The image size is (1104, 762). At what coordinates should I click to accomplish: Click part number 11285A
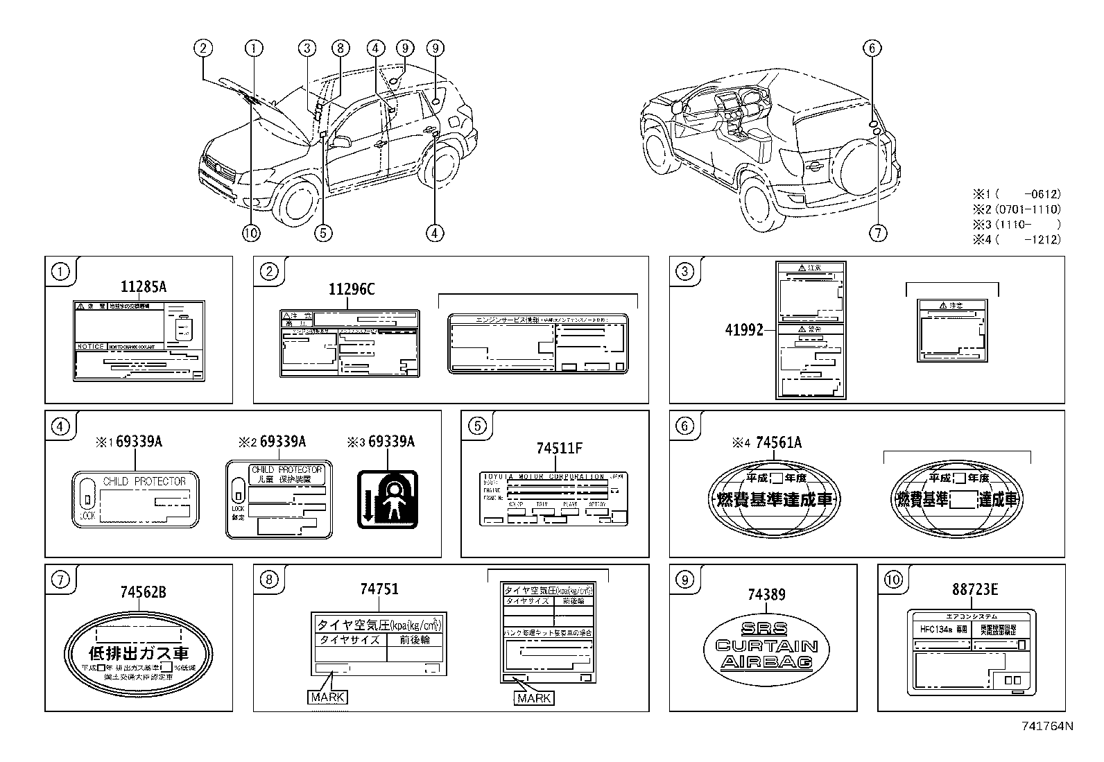click(x=144, y=286)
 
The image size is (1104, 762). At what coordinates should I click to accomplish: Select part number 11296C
click(x=352, y=289)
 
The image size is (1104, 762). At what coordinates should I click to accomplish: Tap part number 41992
click(x=743, y=329)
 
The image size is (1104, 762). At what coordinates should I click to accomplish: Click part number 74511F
click(x=559, y=449)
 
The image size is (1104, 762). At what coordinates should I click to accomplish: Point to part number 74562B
click(x=143, y=592)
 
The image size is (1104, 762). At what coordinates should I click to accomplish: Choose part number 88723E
click(x=974, y=589)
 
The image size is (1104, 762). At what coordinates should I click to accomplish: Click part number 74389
click(x=766, y=594)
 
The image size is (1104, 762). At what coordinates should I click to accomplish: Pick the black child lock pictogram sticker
click(x=388, y=499)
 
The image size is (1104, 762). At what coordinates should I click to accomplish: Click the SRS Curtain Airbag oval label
click(x=766, y=646)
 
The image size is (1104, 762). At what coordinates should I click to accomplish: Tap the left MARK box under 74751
click(x=327, y=697)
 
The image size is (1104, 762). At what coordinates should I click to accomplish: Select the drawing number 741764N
click(x=1047, y=726)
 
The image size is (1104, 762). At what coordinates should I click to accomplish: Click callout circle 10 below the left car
click(x=251, y=233)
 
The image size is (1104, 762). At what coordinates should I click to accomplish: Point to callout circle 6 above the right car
click(x=872, y=48)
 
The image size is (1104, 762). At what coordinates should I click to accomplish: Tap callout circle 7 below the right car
click(x=877, y=233)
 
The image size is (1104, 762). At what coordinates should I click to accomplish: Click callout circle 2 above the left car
click(x=202, y=48)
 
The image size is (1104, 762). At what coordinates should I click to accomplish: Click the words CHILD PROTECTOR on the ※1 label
click(x=144, y=480)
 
